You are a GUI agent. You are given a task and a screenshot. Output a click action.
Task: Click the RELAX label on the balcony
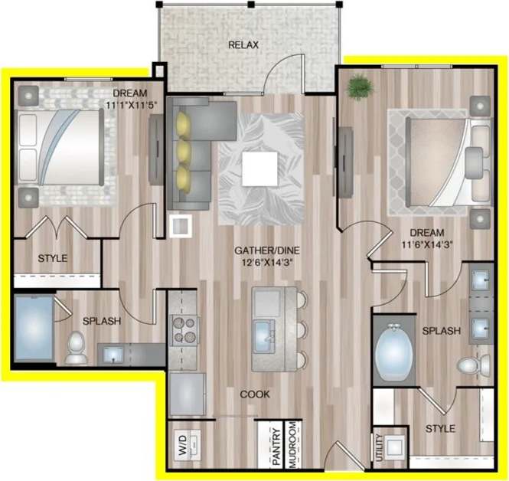[x=243, y=45]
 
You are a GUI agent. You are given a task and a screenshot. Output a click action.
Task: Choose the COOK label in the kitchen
[x=255, y=395]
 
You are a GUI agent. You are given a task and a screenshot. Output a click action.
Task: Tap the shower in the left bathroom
[x=33, y=328]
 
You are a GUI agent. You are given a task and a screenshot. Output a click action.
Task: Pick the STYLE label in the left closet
[x=52, y=259]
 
